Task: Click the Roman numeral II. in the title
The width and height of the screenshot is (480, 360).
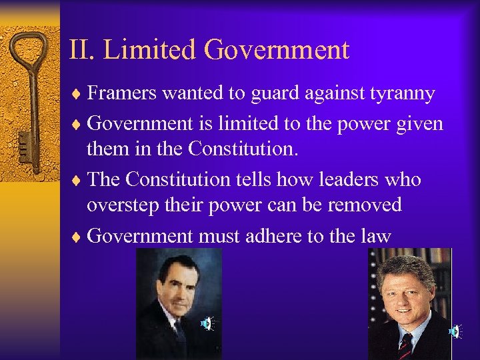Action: (82, 50)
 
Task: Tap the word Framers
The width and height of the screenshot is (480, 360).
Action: (122, 93)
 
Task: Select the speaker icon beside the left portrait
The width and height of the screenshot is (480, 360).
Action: (207, 324)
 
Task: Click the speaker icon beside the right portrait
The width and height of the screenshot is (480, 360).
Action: (455, 331)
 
